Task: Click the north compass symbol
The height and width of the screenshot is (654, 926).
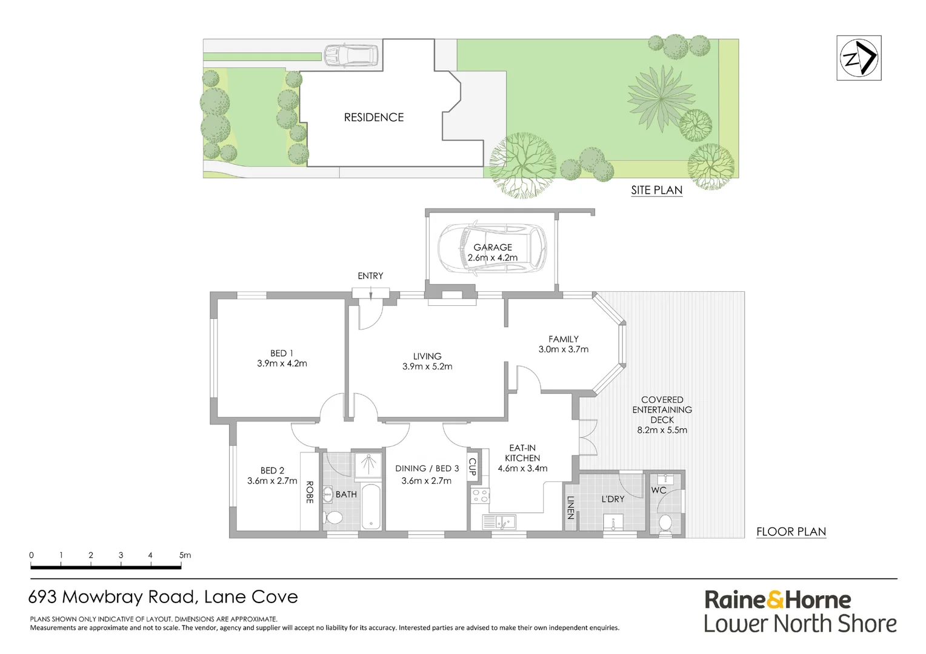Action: [859, 58]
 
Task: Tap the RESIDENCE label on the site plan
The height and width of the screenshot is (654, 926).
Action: [373, 117]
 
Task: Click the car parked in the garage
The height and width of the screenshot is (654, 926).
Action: [492, 249]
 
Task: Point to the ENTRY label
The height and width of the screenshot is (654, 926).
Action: [370, 276]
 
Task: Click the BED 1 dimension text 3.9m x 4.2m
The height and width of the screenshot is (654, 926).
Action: [282, 364]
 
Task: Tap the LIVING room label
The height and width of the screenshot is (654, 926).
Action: [427, 357]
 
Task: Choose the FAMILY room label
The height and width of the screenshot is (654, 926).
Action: [563, 339]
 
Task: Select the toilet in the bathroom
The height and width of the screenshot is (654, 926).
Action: [333, 518]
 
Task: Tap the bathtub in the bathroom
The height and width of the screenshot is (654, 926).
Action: [371, 506]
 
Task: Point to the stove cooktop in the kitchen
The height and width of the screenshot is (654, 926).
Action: [480, 496]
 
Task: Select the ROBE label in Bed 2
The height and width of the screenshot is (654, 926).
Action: [309, 492]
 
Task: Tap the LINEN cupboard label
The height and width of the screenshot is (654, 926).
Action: [570, 507]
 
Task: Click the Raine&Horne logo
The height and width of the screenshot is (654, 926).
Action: [778, 600]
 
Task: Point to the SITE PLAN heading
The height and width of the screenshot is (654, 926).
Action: [656, 190]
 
